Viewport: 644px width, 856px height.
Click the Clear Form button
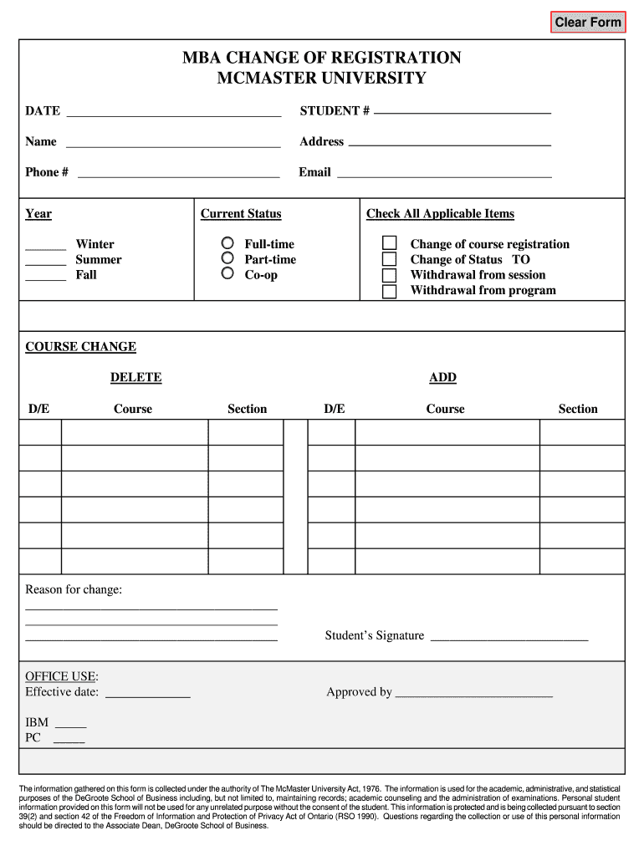click(x=588, y=22)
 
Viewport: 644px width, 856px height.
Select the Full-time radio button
click(x=227, y=243)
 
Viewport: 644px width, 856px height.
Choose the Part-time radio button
click(x=227, y=258)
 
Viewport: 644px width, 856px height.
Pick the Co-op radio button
click(x=227, y=273)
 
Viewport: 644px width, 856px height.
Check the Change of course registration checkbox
click(x=390, y=243)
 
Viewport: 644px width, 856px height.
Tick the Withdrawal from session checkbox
click(x=390, y=275)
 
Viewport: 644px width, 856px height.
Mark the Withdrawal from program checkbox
click(x=390, y=291)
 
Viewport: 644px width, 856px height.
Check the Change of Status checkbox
click(x=390, y=259)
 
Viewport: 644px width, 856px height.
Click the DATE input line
click(x=173, y=111)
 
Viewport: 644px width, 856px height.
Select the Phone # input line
click(x=178, y=172)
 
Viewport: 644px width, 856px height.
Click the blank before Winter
click(x=45, y=245)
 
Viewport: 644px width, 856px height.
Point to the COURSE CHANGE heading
click(x=80, y=347)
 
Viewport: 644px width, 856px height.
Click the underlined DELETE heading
click(x=135, y=378)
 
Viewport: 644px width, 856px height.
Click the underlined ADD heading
click(x=442, y=378)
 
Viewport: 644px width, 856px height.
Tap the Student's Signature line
click(x=509, y=635)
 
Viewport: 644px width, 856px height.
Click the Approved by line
click(x=473, y=692)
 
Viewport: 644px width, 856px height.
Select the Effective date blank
click(x=148, y=692)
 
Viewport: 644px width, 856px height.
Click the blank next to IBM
click(x=70, y=723)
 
